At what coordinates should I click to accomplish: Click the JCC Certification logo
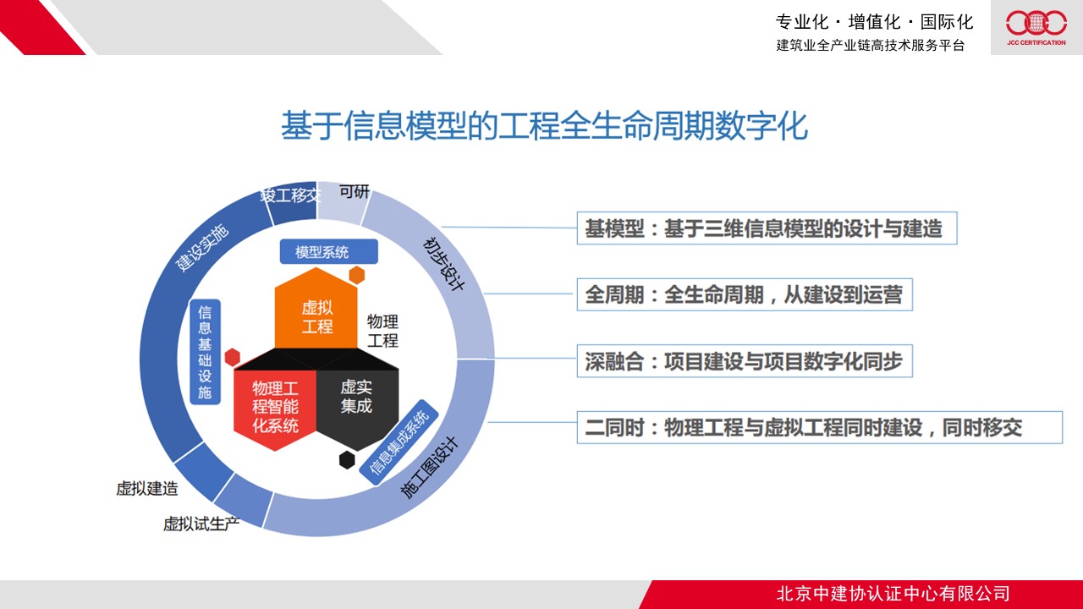[1036, 28]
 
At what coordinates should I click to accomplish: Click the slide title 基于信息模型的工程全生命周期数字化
[544, 126]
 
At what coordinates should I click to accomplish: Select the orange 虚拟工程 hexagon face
[316, 310]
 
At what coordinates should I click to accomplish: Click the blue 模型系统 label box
[329, 251]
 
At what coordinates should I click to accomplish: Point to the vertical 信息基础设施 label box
[205, 352]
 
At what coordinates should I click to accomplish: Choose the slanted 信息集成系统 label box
[399, 442]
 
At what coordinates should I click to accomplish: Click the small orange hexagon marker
[357, 275]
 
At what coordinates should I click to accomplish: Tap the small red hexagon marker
[233, 357]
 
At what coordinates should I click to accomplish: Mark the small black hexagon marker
[347, 460]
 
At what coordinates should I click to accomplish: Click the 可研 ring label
[355, 191]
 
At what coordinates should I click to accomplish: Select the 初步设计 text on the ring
[443, 264]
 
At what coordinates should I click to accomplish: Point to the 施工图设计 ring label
[429, 468]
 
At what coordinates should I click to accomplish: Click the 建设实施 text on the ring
[201, 248]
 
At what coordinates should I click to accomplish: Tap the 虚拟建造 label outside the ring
[147, 489]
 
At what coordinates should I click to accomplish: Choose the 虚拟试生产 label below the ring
[201, 524]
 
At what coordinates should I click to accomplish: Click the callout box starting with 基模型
[767, 228]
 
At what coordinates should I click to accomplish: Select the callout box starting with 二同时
[820, 427]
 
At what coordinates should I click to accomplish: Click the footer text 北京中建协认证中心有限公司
[893, 594]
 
